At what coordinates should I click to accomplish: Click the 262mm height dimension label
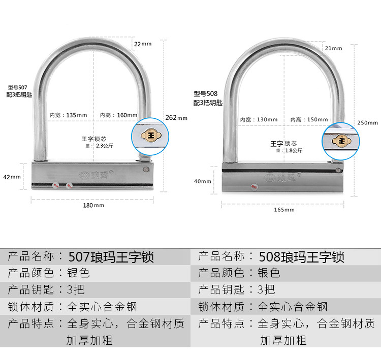click(x=176, y=118)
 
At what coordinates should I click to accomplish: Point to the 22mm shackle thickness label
click(x=143, y=44)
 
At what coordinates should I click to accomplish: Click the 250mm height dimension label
click(x=368, y=122)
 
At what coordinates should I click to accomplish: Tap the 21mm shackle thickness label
click(x=333, y=48)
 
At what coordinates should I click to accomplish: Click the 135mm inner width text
click(x=68, y=115)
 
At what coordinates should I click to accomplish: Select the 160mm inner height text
click(x=118, y=115)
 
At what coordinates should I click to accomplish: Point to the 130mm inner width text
click(x=259, y=120)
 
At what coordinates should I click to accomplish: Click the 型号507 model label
click(x=18, y=87)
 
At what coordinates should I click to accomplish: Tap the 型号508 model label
click(x=205, y=93)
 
